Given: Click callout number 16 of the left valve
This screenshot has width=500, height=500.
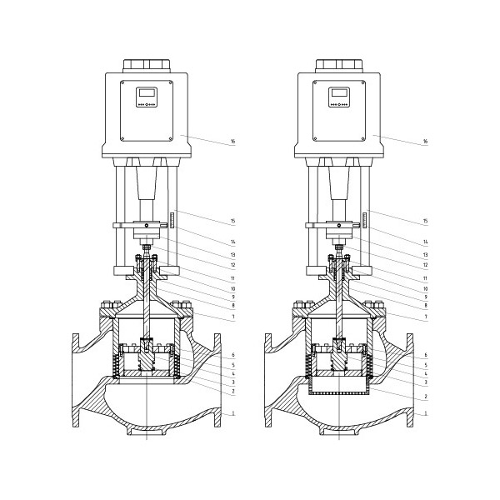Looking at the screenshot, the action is point(232,142).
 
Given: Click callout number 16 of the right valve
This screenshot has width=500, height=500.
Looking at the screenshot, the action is point(425,142).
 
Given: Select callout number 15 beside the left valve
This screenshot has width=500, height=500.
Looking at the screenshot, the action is point(232,221).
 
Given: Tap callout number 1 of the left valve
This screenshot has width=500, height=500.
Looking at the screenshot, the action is point(233,413).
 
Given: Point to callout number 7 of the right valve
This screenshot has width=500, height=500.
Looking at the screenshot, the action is point(426,317).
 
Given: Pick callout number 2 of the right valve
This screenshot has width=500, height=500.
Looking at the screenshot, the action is point(426,397).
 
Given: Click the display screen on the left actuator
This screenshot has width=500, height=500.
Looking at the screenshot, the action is point(147,92).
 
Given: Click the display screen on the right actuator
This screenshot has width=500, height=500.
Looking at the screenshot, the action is point(339,92).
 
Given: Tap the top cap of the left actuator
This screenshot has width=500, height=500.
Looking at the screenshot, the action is point(147,65).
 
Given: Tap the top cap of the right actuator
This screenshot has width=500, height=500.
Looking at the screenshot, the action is point(339,65).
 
